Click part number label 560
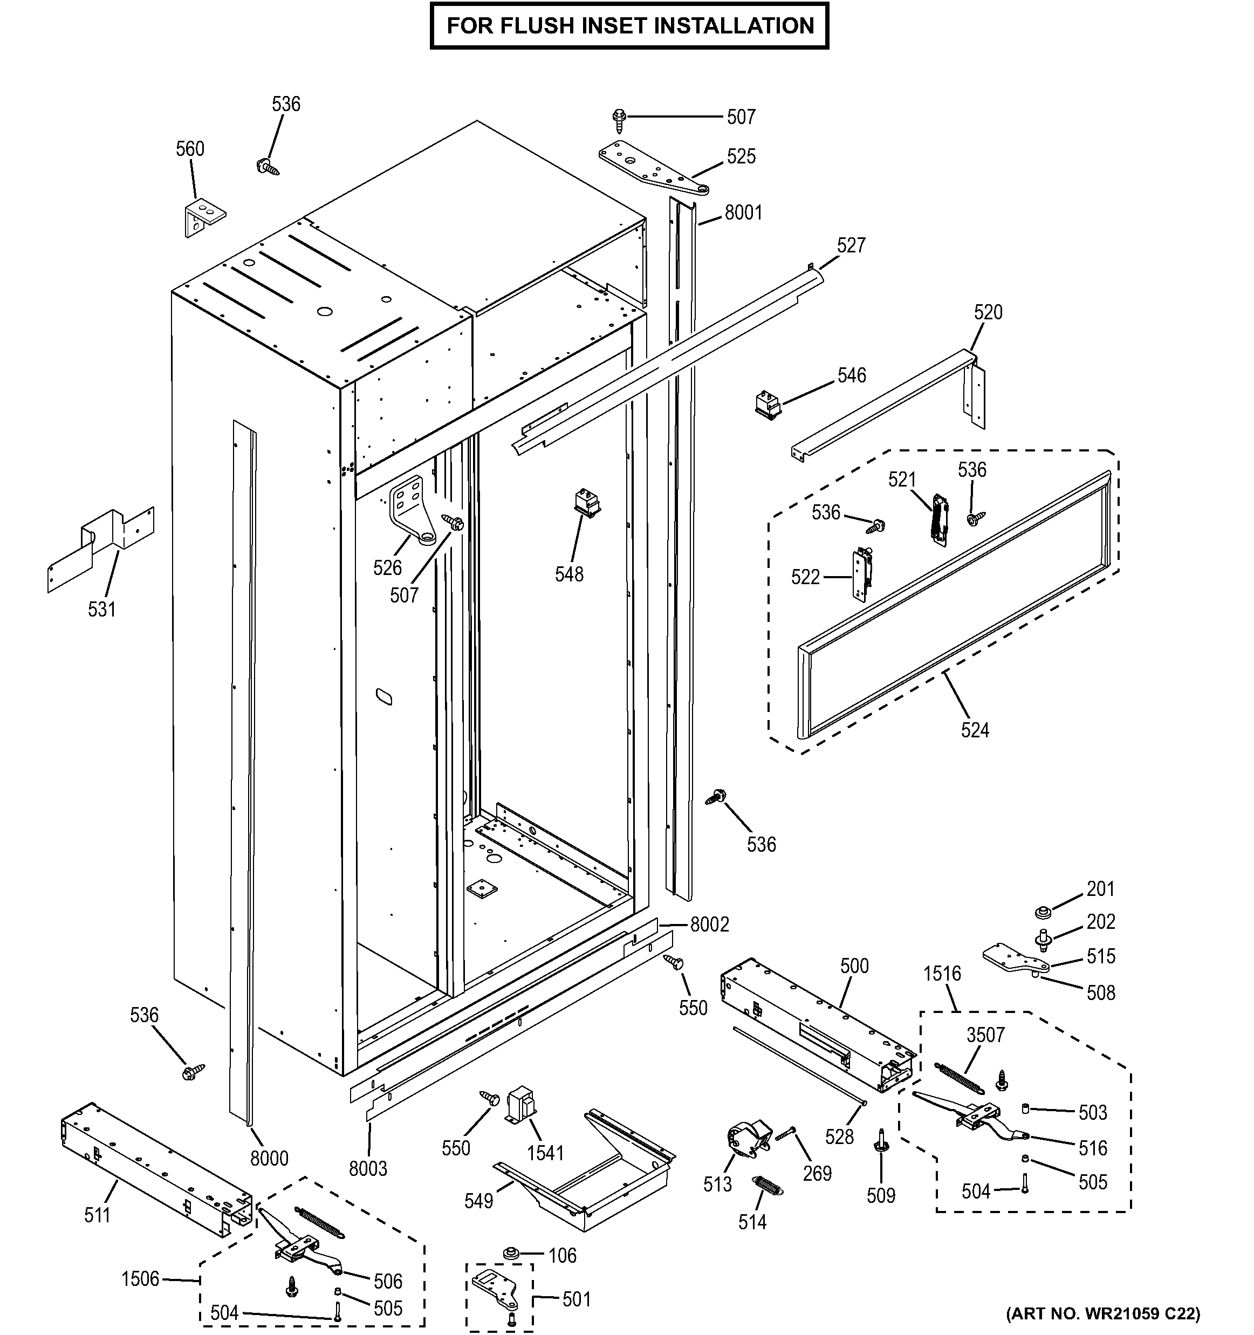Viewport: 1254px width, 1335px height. click(190, 148)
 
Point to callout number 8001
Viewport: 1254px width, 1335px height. click(743, 213)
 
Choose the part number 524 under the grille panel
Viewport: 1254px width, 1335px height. click(974, 730)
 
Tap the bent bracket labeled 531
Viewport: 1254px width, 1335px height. click(101, 548)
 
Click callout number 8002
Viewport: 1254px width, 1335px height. click(710, 925)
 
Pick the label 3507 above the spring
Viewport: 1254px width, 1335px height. click(985, 1035)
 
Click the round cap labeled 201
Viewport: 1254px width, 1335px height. click(1043, 913)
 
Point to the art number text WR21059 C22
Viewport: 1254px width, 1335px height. click(1102, 1313)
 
